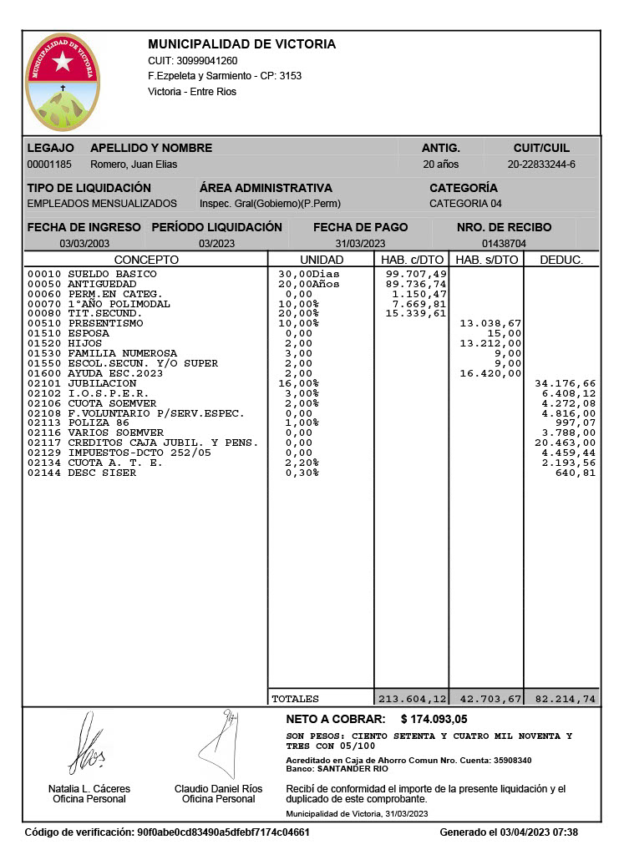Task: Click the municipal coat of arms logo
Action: (x=63, y=83)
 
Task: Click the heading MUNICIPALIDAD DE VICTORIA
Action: (x=241, y=44)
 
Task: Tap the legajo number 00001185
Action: (x=49, y=164)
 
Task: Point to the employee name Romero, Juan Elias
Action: (x=134, y=164)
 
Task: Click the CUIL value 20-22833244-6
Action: (x=541, y=164)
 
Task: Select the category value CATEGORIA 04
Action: (x=465, y=204)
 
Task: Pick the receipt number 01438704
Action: (x=504, y=244)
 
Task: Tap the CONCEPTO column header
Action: (x=146, y=260)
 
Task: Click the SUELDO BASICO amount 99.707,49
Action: (x=416, y=274)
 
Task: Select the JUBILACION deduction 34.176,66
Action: (x=565, y=383)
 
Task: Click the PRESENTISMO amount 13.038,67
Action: (x=491, y=323)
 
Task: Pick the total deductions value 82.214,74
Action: (x=565, y=698)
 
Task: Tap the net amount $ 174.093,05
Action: (x=434, y=719)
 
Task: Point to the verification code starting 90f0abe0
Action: (x=223, y=832)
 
